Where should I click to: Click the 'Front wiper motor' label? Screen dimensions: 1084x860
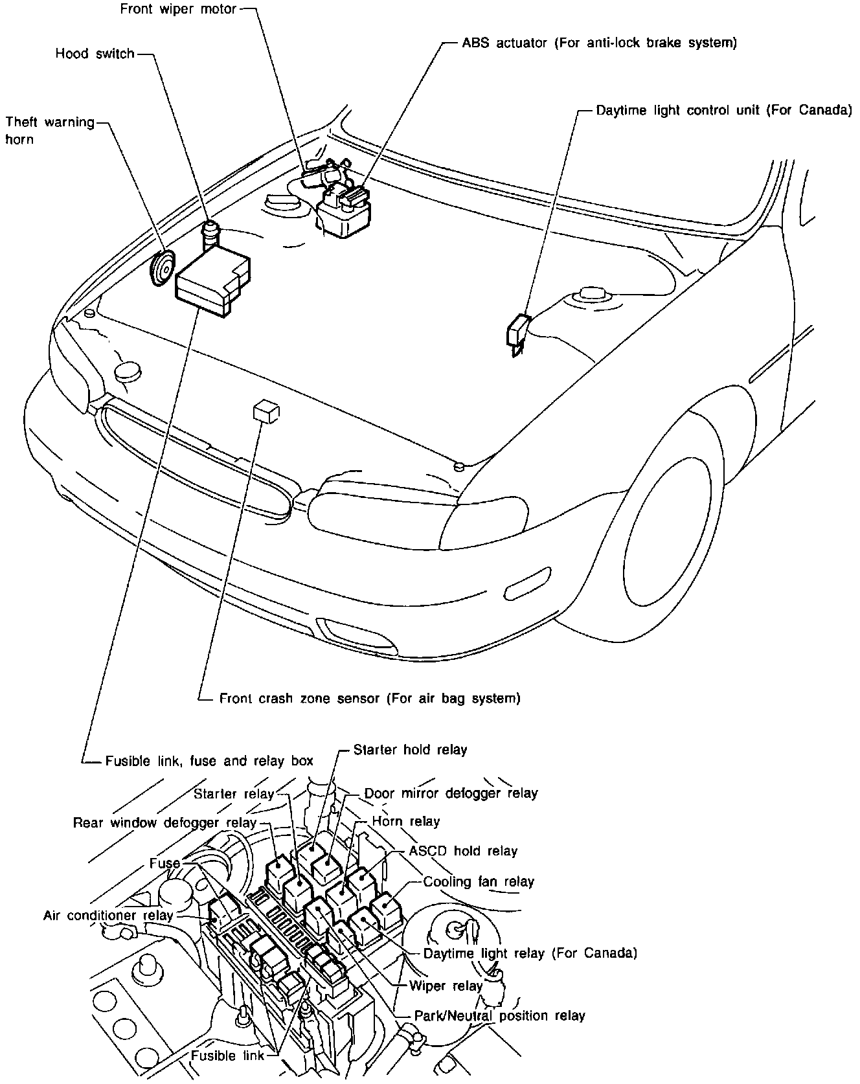pyautogui.click(x=178, y=10)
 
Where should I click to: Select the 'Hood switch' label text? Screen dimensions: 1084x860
pyautogui.click(x=95, y=54)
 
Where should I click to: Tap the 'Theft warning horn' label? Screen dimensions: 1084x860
pyautogui.click(x=49, y=130)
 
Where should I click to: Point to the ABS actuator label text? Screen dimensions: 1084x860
pyautogui.click(x=599, y=43)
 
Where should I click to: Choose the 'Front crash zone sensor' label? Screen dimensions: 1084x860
pyautogui.click(x=369, y=699)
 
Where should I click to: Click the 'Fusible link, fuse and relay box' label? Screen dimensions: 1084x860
pyautogui.click(x=209, y=761)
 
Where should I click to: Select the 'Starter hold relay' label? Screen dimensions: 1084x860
pyautogui.click(x=410, y=750)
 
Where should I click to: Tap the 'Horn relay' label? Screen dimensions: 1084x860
pyautogui.click(x=405, y=822)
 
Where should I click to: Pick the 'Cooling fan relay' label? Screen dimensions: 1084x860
pyautogui.click(x=479, y=882)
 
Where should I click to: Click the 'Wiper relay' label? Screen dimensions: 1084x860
pyautogui.click(x=446, y=986)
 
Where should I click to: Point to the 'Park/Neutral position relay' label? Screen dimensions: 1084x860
pyautogui.click(x=499, y=1016)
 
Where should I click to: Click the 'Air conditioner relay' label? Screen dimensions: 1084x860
pyautogui.click(x=108, y=916)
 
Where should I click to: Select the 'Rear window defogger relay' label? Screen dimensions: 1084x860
pyautogui.click(x=164, y=823)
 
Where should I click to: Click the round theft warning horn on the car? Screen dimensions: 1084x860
pyautogui.click(x=162, y=267)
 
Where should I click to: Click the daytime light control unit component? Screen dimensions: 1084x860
pyautogui.click(x=517, y=332)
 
